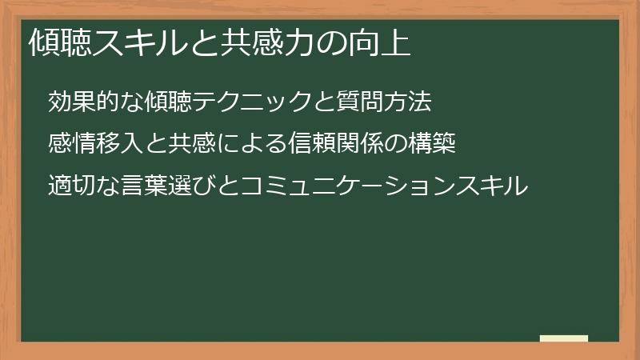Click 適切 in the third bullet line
point(70,186)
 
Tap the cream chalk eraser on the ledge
point(564,338)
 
